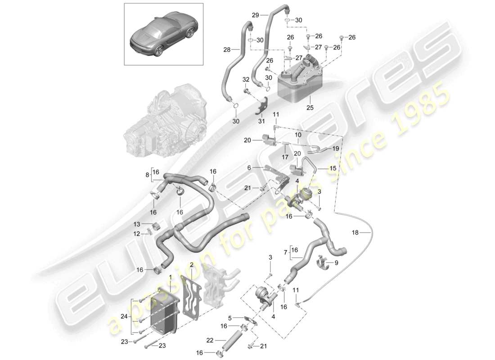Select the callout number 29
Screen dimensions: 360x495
[255, 15]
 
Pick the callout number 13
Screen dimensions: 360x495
[136, 224]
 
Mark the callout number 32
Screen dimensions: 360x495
[246, 79]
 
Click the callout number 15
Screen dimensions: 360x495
[333, 168]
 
